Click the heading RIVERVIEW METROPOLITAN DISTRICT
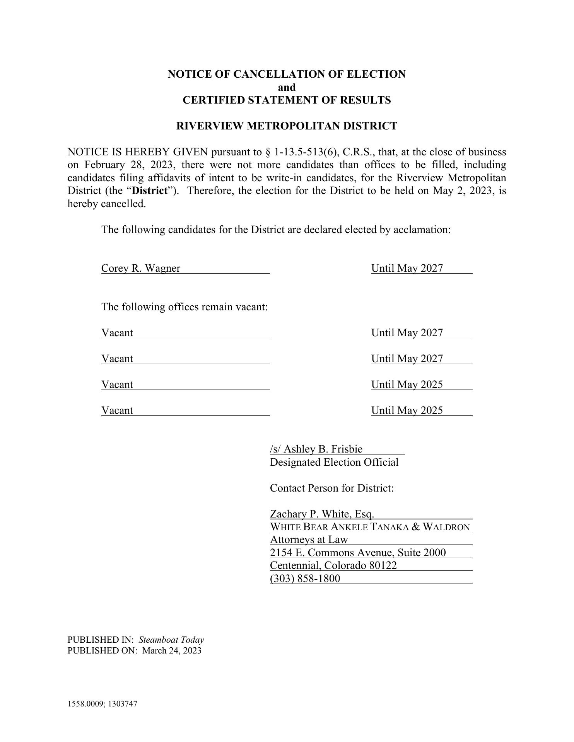[x=287, y=126]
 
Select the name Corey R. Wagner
[x=141, y=268]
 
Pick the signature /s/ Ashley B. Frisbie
[x=316, y=449]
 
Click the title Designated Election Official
[x=334, y=462]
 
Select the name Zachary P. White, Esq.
[x=322, y=514]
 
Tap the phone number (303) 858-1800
[x=305, y=579]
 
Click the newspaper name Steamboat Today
[x=171, y=640]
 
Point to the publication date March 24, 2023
[x=172, y=650]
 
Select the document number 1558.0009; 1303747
[x=102, y=704]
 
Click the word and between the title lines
[x=287, y=87]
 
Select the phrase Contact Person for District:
[x=331, y=488]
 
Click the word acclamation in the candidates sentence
[x=421, y=230]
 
